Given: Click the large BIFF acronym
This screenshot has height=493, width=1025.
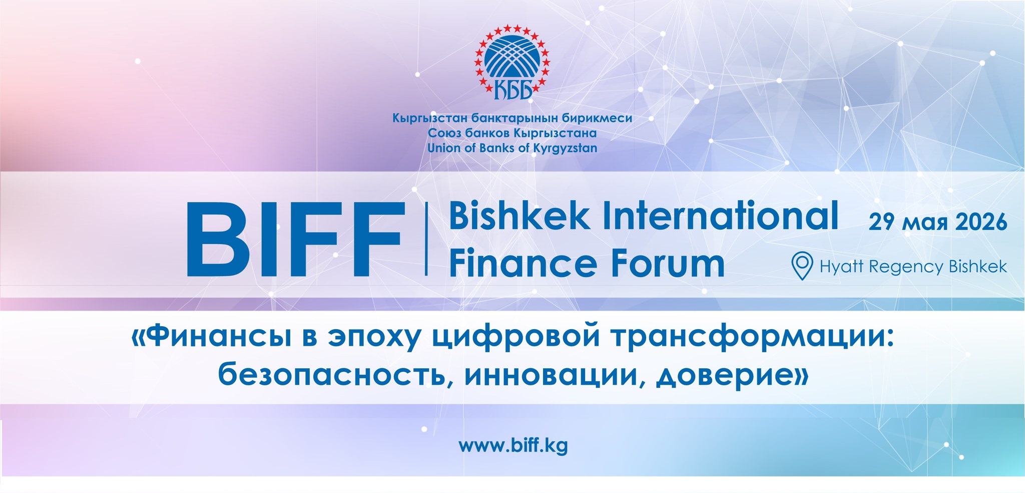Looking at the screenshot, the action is pyautogui.click(x=295, y=239).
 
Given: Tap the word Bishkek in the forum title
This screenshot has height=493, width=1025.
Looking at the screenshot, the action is pyautogui.click(x=520, y=216).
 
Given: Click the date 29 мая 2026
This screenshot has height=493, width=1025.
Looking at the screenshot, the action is pyautogui.click(x=938, y=222).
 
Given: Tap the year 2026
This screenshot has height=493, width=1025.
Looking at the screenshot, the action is pyautogui.click(x=981, y=222).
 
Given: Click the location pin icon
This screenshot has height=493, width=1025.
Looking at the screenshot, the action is pyautogui.click(x=802, y=266).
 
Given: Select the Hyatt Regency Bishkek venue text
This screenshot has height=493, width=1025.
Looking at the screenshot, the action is pyautogui.click(x=913, y=267).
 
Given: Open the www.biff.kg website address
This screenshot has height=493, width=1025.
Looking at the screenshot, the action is pyautogui.click(x=513, y=445).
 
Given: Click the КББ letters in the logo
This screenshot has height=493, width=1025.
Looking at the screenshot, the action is pyautogui.click(x=512, y=91).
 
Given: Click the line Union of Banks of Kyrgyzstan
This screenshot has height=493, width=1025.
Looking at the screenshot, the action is pyautogui.click(x=512, y=148).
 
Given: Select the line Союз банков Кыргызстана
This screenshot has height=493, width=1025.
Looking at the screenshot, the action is pyautogui.click(x=512, y=133).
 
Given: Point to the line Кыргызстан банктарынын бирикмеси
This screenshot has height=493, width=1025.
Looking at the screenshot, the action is pyautogui.click(x=512, y=119).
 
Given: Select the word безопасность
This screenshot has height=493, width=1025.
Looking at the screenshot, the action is pyautogui.click(x=332, y=375).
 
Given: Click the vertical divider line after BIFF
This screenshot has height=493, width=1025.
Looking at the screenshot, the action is pyautogui.click(x=426, y=239).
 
